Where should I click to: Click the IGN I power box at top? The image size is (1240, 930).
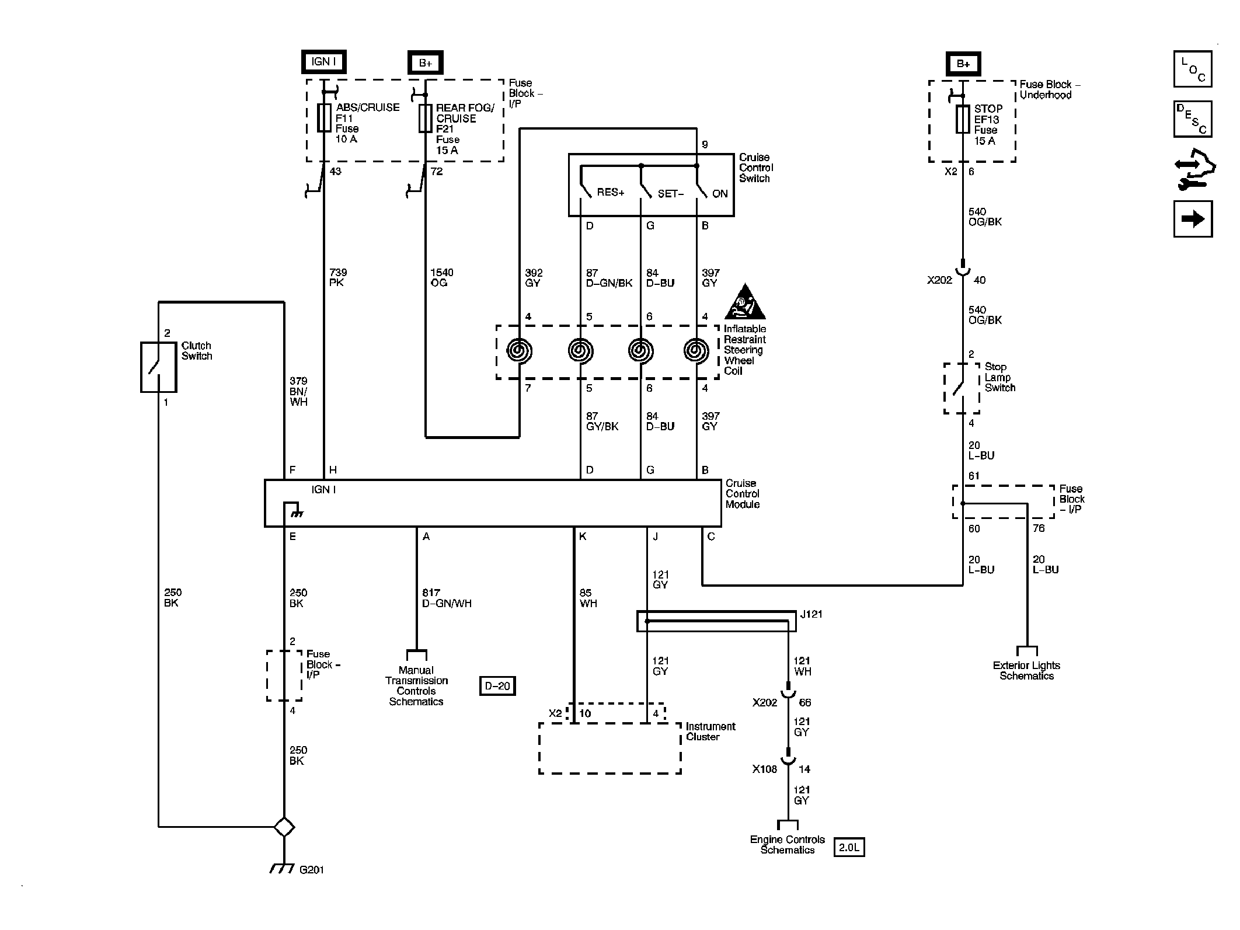pos(323,62)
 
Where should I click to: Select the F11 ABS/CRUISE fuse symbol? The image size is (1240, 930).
pos(323,118)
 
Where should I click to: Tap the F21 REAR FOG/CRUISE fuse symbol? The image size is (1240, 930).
pos(425,118)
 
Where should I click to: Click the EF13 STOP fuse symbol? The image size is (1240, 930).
pos(963,119)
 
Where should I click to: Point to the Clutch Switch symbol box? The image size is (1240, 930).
pos(158,367)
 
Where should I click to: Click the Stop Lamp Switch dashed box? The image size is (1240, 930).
pos(962,388)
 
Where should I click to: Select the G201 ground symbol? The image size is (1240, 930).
pos(283,869)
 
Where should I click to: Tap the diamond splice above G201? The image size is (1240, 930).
pos(284,827)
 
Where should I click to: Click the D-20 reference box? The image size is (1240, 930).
pos(497,686)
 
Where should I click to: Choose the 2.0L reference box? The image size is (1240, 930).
pos(849,847)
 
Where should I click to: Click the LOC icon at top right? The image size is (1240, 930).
pos(1193,69)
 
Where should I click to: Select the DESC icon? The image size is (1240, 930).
pos(1193,119)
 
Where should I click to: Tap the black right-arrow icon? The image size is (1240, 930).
pos(1193,219)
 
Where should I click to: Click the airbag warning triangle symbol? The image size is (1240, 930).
pos(745,302)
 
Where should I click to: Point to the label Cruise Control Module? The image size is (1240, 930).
pos(742,494)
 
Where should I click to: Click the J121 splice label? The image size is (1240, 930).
pos(811,614)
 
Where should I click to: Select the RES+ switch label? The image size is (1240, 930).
pos(610,193)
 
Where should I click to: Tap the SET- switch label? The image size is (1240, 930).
pos(670,194)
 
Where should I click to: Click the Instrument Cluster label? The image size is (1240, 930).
pos(710,732)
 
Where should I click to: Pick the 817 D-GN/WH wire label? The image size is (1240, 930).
pos(447,598)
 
